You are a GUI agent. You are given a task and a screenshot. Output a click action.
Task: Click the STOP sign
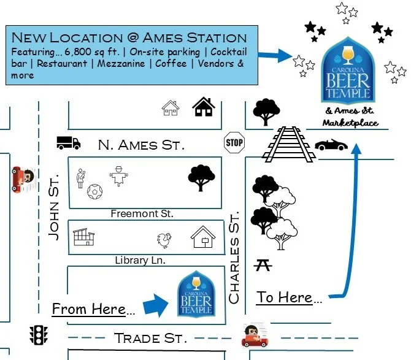(x=234, y=142)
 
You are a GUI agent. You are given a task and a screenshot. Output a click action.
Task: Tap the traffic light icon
(x=39, y=334)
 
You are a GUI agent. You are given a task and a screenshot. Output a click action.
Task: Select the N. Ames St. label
(x=140, y=145)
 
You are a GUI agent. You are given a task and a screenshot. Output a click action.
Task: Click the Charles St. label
(x=234, y=258)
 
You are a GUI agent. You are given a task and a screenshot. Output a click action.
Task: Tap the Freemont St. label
(x=142, y=214)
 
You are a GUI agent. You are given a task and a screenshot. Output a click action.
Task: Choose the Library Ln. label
(x=140, y=260)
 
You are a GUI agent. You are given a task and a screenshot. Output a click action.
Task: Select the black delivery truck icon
(x=68, y=143)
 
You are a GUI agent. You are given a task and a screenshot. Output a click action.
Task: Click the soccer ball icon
(x=95, y=193)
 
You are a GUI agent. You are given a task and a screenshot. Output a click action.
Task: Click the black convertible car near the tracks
(x=331, y=144)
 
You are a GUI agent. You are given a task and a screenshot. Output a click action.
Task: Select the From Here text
(x=93, y=308)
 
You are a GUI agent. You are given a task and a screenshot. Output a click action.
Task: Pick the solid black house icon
(x=204, y=108)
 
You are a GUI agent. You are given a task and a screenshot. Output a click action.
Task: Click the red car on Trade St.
(x=253, y=335)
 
